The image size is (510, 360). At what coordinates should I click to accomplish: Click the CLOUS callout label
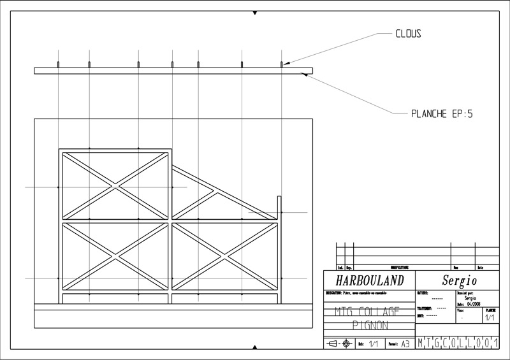[408, 34]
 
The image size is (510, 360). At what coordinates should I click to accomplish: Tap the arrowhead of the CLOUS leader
[285, 63]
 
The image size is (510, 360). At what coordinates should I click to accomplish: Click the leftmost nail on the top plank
[58, 64]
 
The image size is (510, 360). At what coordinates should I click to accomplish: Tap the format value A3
[404, 343]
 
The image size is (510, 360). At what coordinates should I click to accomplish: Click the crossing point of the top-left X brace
[115, 186]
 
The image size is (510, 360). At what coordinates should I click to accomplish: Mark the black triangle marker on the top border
[255, 13]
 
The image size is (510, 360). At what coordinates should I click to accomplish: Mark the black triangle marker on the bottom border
[255, 347]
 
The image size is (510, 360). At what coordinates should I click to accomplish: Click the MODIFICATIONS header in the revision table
[400, 268]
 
